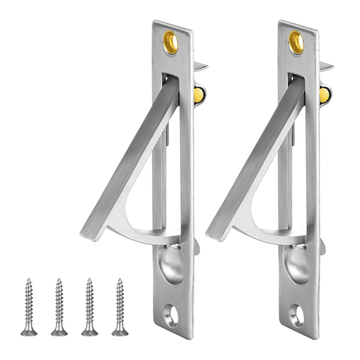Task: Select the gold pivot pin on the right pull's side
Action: pyautogui.click(x=324, y=95)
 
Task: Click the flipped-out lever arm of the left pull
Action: pyautogui.click(x=125, y=162)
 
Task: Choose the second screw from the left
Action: pyautogui.click(x=59, y=306)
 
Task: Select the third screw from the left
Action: pyautogui.click(x=89, y=306)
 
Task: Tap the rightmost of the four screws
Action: pyautogui.click(x=119, y=306)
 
